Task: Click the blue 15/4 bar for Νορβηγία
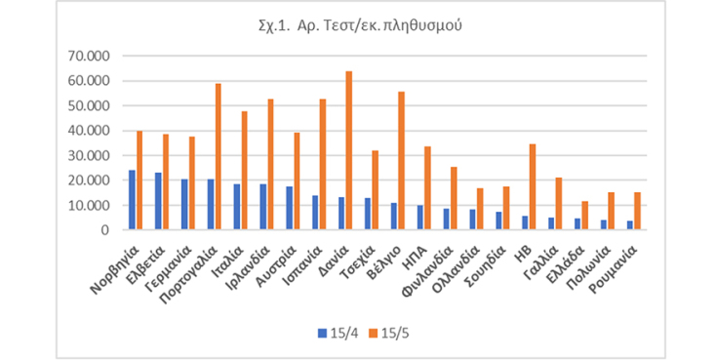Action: (x=132, y=200)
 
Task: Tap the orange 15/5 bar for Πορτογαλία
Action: (x=218, y=156)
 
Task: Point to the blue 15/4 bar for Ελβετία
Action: (x=158, y=201)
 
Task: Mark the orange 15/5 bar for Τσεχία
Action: (x=376, y=190)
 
